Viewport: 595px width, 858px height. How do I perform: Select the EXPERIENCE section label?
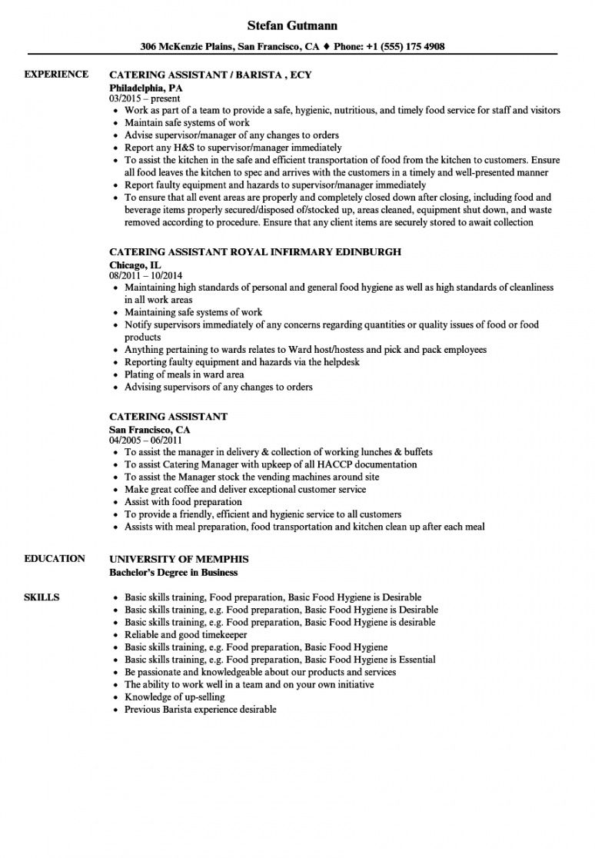(56, 75)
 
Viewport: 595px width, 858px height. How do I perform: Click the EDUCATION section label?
(55, 559)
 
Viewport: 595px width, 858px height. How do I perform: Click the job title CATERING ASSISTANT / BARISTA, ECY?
(210, 75)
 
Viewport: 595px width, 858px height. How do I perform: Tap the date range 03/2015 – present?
(145, 98)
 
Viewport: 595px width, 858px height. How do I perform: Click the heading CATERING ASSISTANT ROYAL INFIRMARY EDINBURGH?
(255, 252)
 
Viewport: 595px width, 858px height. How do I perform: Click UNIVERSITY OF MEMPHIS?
(179, 559)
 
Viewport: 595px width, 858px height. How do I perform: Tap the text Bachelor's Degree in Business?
(173, 572)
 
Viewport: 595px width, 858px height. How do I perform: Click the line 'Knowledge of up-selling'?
(175, 697)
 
